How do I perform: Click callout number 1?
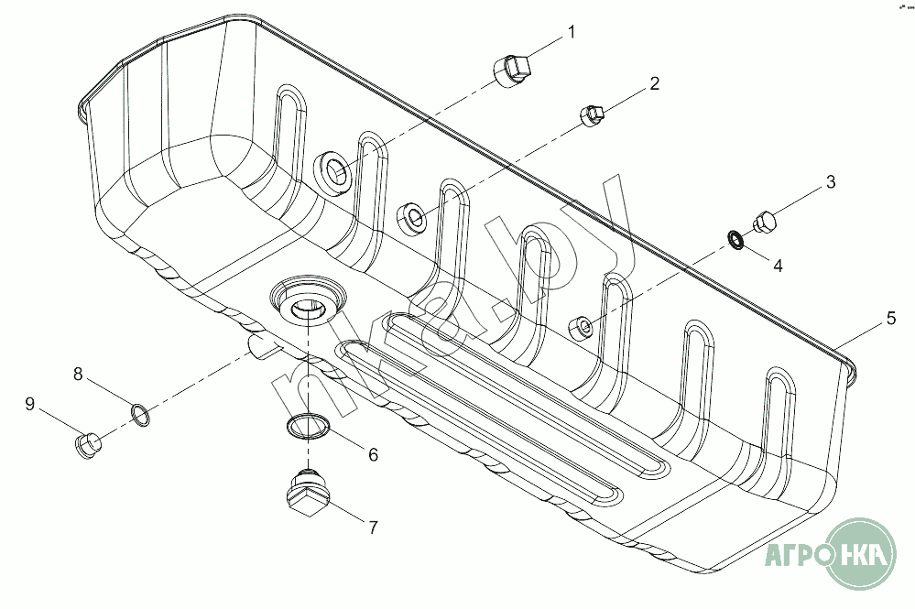coord(572,32)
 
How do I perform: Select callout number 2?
coord(654,83)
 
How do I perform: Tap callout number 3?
coord(831,182)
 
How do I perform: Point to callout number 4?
coord(778,266)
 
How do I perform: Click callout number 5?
coord(890,318)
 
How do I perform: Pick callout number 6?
coord(373,454)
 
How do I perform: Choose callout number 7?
coord(373,527)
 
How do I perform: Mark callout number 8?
coord(78,374)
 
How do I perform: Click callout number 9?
coord(29,404)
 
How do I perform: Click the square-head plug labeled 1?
coord(512,71)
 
